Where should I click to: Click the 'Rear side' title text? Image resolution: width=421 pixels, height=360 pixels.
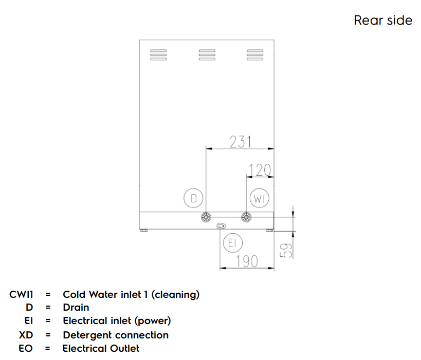tap(383, 21)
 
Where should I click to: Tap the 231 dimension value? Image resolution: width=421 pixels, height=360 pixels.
tap(240, 141)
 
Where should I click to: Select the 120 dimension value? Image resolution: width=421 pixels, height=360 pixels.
tap(259, 170)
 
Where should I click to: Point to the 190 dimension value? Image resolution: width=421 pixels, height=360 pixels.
tap(246, 261)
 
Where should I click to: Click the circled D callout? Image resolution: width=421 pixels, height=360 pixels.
tap(194, 198)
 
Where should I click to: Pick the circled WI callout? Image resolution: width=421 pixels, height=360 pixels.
tap(259, 198)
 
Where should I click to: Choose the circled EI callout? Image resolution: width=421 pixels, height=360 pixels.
tap(232, 243)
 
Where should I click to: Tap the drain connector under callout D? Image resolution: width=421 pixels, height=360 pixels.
tap(206, 217)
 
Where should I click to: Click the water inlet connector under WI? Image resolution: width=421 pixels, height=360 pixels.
tap(246, 217)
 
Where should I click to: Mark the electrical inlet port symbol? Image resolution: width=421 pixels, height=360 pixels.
tap(222, 226)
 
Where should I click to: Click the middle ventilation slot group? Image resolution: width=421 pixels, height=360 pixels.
tap(207, 54)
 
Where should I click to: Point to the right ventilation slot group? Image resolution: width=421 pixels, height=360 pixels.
tap(254, 54)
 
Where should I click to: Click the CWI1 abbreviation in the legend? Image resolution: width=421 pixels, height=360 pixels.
tap(21, 295)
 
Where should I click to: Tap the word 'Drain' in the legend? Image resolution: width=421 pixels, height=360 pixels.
tap(76, 308)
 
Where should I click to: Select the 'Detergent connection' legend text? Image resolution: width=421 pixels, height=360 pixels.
tap(116, 335)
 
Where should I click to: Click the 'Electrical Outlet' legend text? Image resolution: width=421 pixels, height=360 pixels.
tap(101, 348)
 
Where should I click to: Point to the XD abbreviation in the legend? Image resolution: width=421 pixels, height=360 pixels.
tap(26, 335)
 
